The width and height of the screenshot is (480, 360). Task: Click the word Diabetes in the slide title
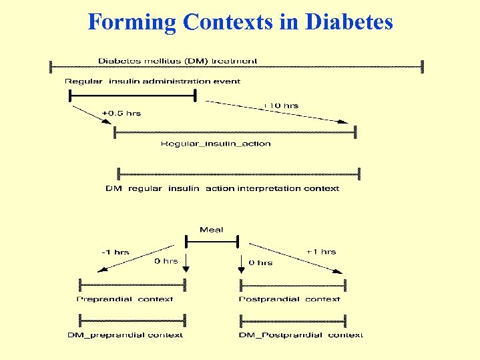(349, 22)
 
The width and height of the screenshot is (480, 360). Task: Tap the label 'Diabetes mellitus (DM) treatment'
(178, 61)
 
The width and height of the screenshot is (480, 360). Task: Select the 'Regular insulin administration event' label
(152, 81)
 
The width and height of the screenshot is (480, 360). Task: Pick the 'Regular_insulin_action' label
(216, 144)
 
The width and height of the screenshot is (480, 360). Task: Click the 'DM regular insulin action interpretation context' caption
(222, 188)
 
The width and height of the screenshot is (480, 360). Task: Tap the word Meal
(211, 230)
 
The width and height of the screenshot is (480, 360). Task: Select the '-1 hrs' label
(115, 252)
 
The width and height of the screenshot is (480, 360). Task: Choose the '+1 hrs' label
(320, 252)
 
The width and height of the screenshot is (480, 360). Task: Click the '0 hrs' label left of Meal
(166, 261)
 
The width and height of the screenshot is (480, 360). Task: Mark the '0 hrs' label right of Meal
(260, 262)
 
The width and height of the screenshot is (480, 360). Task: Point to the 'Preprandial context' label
(125, 299)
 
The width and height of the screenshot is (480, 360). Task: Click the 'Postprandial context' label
(289, 299)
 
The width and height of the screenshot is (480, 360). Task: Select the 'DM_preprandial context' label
(125, 335)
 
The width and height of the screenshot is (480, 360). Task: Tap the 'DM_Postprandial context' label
(300, 335)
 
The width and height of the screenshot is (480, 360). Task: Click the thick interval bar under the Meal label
(211, 241)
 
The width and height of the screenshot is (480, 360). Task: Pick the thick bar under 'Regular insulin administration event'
(132, 96)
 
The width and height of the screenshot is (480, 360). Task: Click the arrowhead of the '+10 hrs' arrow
(345, 122)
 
